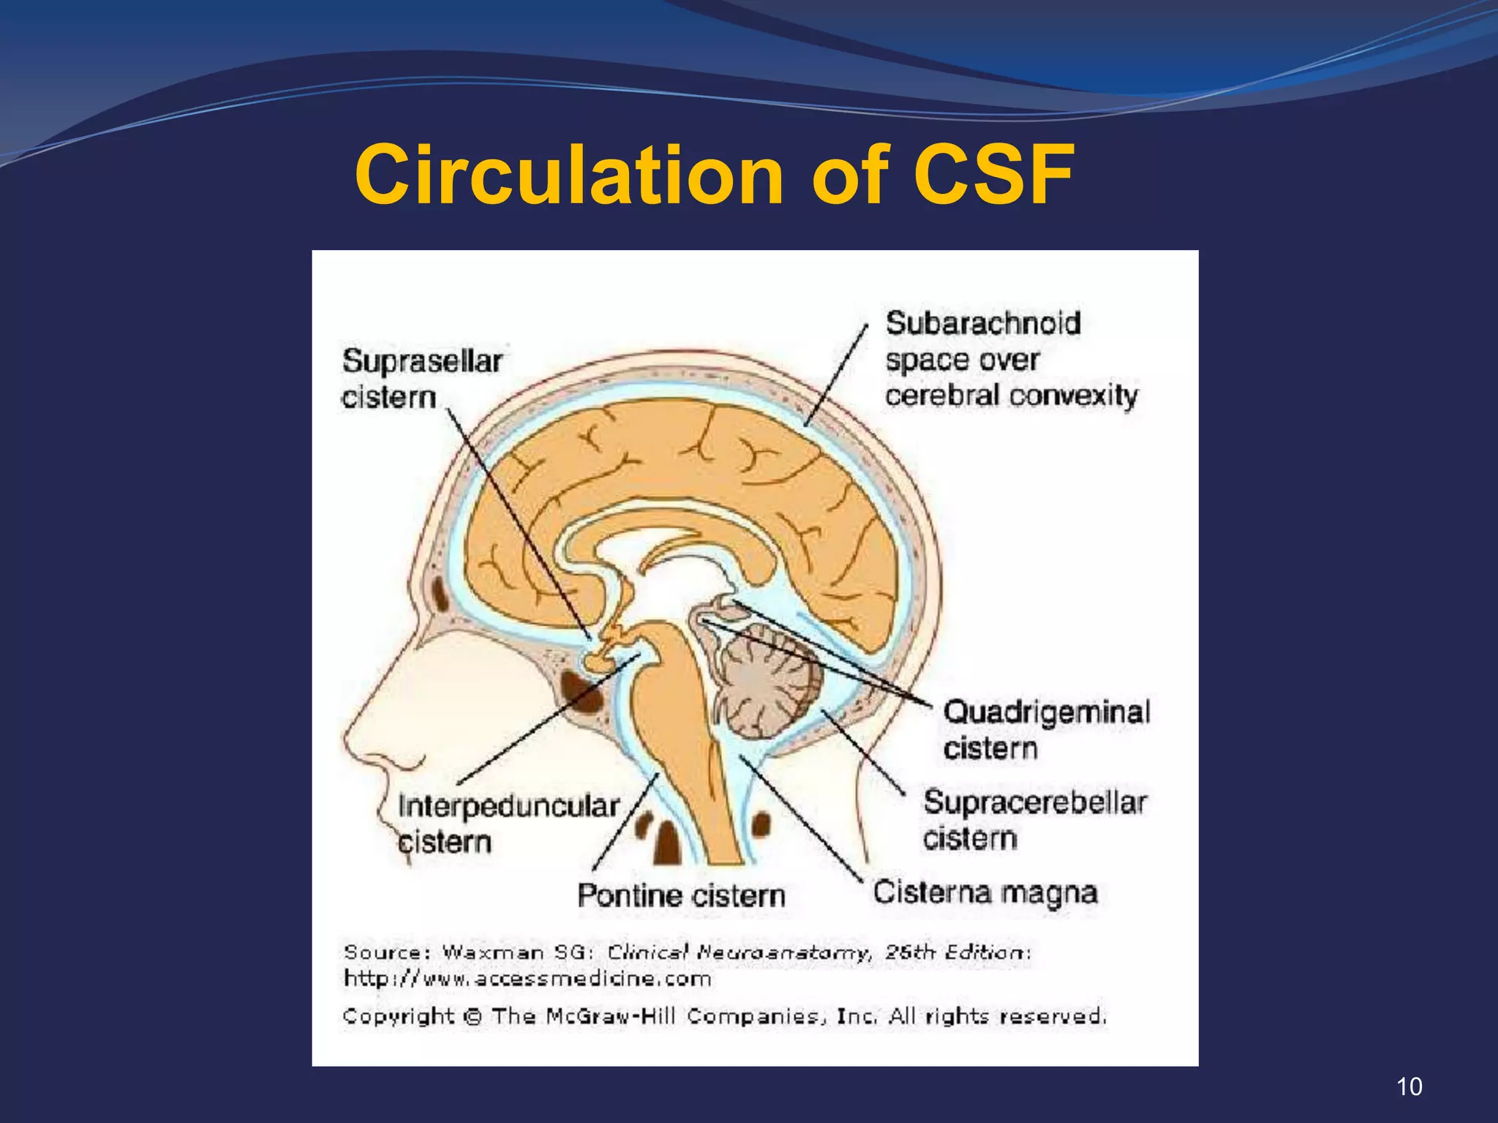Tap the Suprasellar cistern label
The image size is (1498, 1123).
[x=422, y=379]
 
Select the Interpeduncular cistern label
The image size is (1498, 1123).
[x=508, y=824]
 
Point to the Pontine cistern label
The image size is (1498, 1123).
[x=681, y=895]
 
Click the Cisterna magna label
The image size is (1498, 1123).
[x=985, y=893]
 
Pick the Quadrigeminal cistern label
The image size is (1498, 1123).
[x=1047, y=730]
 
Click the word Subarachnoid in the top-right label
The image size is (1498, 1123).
[x=983, y=323]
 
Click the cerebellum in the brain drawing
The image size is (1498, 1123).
[x=767, y=684]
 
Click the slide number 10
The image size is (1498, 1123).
[x=1409, y=1086]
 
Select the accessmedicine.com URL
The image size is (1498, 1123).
[x=527, y=978]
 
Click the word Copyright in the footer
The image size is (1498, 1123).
[x=399, y=1016]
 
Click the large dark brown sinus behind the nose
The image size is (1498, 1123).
[x=581, y=692]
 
